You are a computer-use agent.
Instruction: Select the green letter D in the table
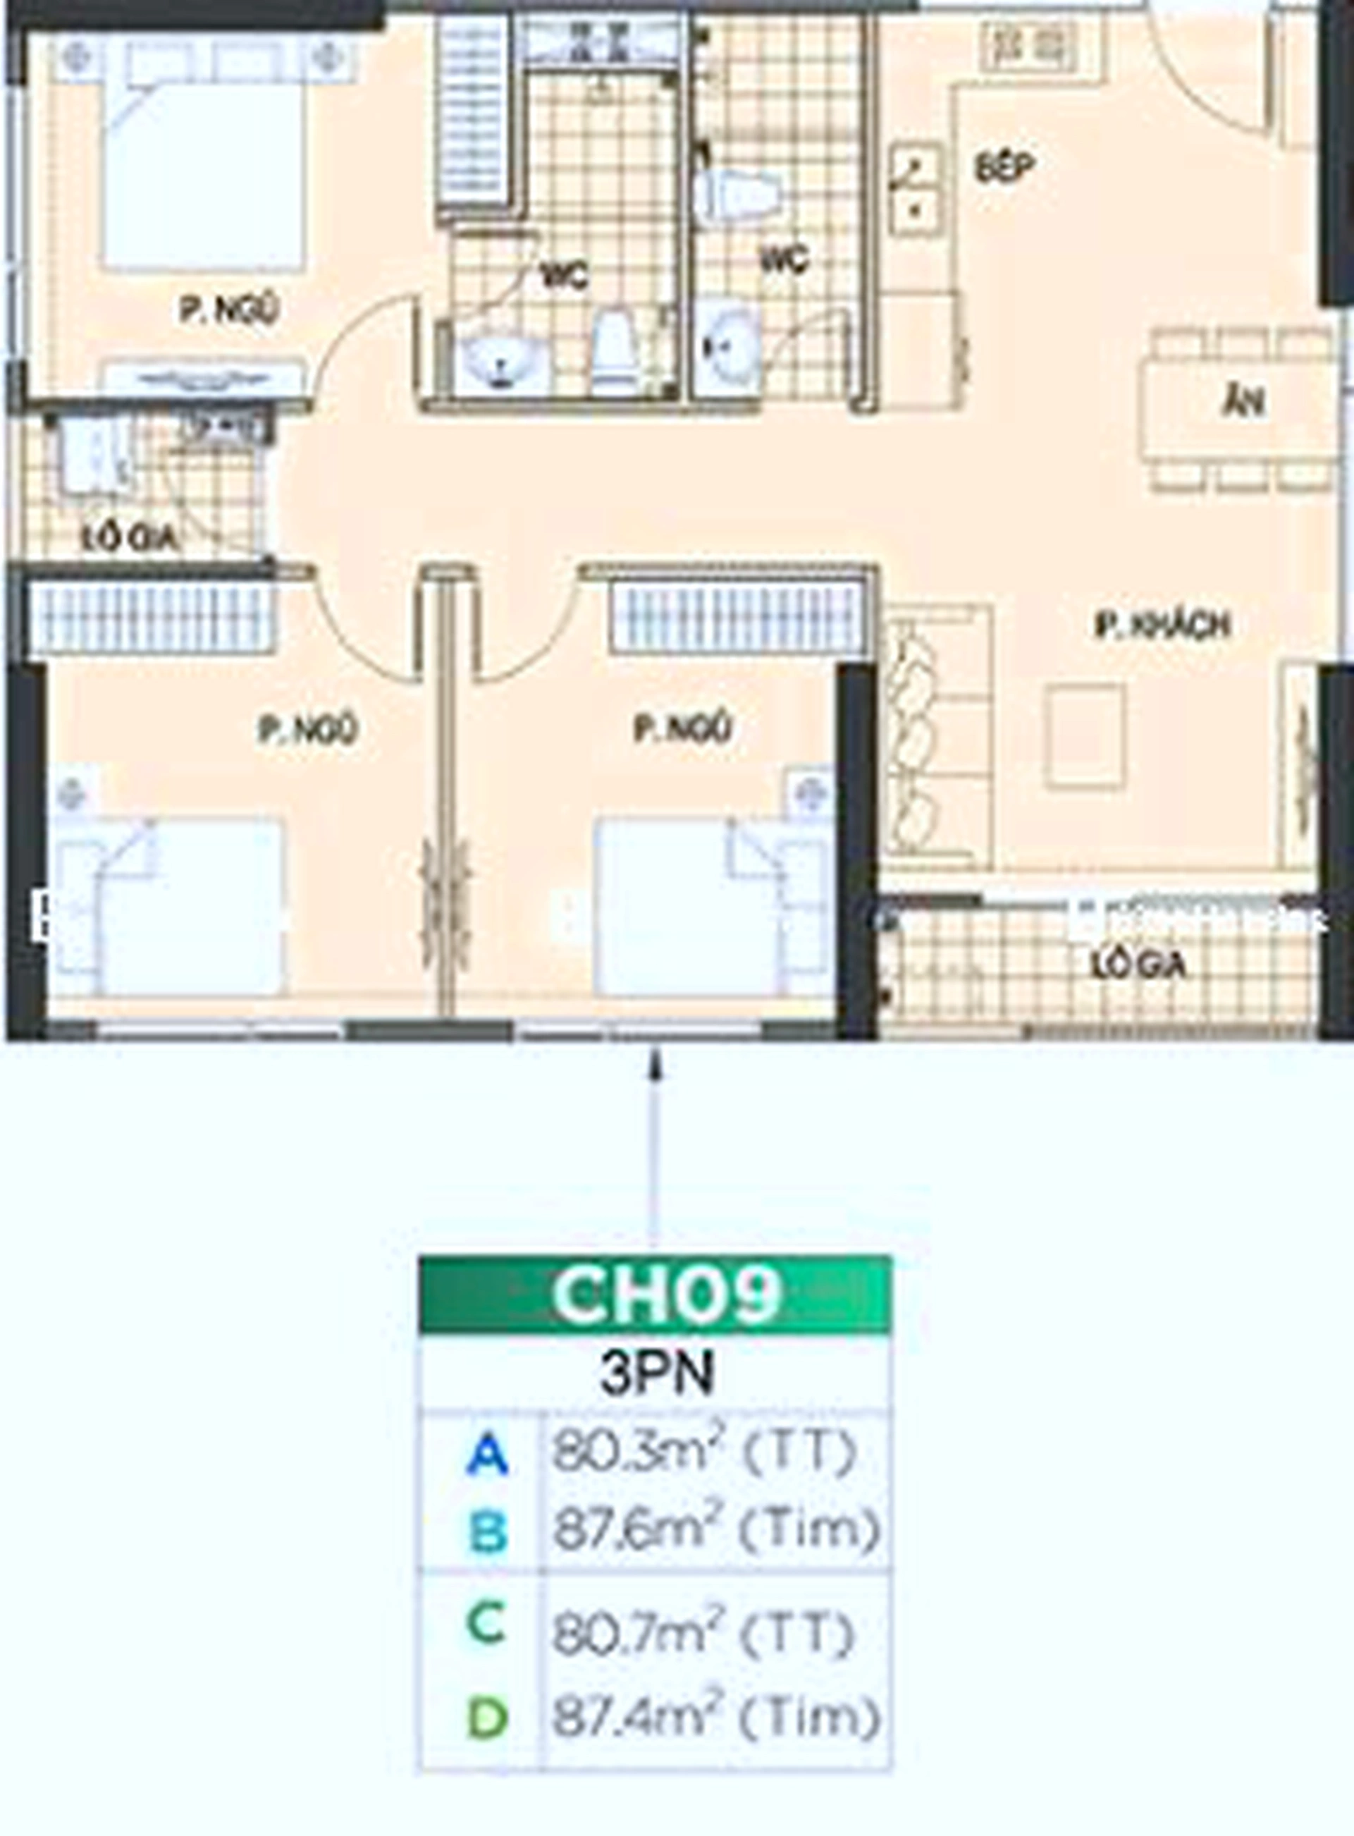point(487,1716)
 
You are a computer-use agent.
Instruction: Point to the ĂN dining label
point(1243,403)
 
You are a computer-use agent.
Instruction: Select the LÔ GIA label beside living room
point(1138,965)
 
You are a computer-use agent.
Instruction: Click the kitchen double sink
point(916,190)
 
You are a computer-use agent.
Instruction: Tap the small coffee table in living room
point(1084,736)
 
